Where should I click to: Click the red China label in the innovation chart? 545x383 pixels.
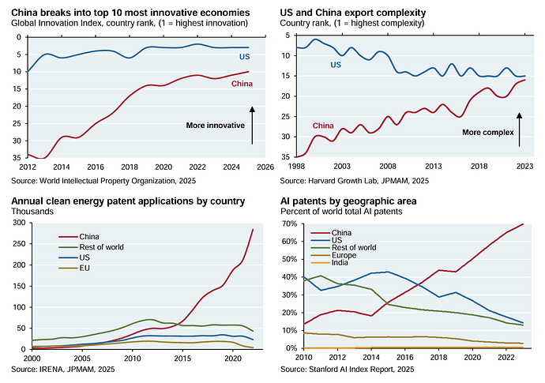[242, 84]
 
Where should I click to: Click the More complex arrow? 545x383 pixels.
[520, 129]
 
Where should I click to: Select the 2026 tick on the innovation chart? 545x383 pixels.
[265, 167]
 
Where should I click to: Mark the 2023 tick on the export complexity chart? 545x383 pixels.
[523, 167]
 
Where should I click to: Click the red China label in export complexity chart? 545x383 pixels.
[323, 126]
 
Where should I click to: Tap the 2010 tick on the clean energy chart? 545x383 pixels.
[129, 358]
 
